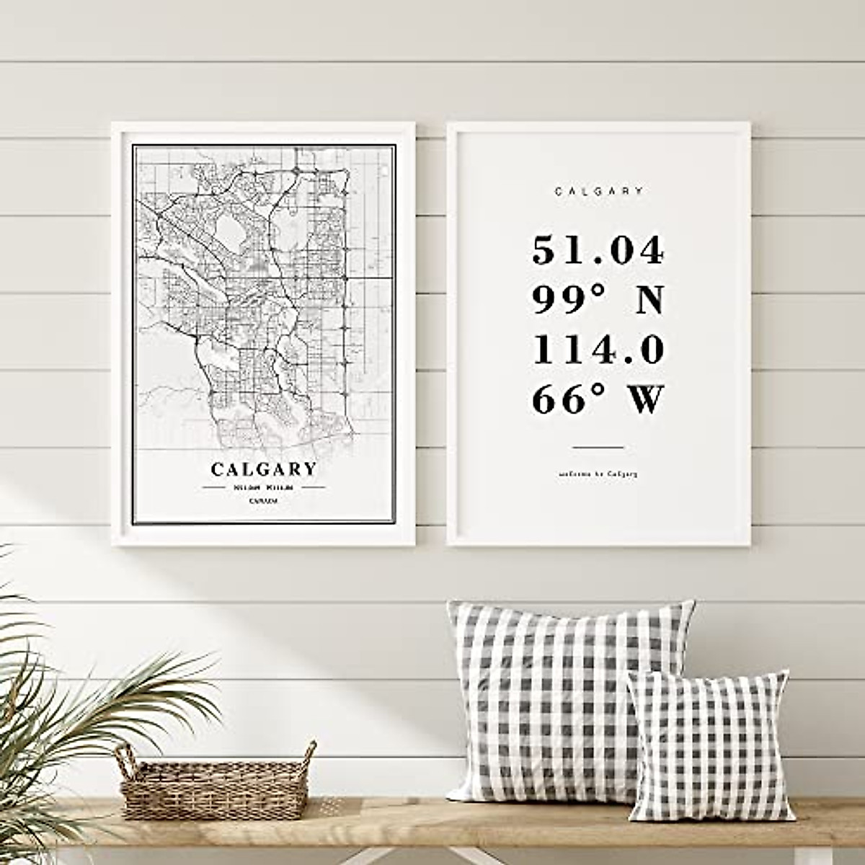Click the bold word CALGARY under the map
tap(264, 470)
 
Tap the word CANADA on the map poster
tap(264, 500)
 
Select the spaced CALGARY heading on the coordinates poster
tap(598, 192)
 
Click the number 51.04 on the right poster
tap(598, 251)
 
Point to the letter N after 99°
tap(648, 301)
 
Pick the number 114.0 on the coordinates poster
tap(598, 350)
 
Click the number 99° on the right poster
tap(562, 301)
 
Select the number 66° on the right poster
tap(562, 400)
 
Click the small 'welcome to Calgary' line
tap(598, 474)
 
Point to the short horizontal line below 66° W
tap(598, 448)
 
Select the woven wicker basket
tap(216, 789)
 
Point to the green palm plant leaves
tap(65, 706)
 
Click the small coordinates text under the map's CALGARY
tap(264, 488)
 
